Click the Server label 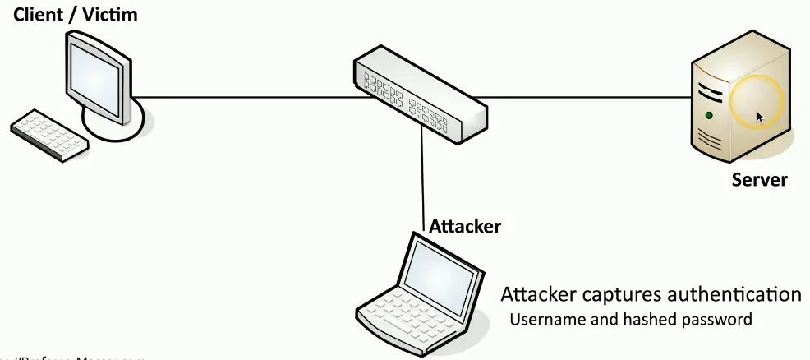(x=760, y=179)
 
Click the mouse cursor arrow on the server (x=760, y=118)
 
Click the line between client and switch (x=246, y=98)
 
